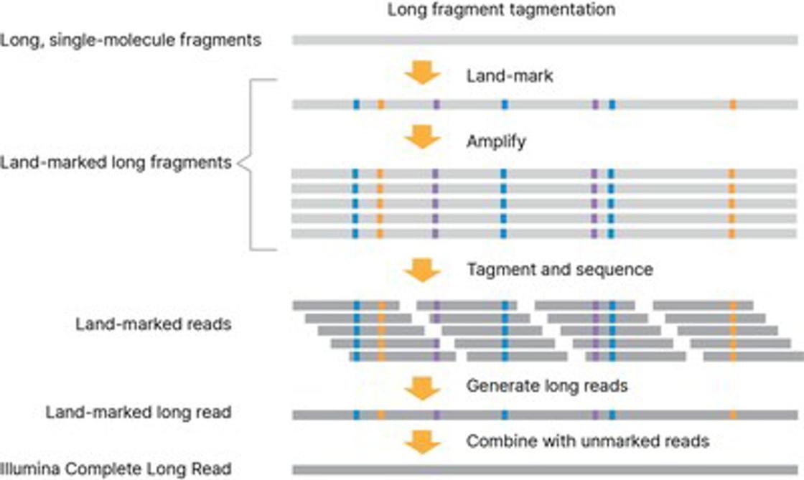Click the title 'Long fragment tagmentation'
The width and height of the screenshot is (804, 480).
point(500,11)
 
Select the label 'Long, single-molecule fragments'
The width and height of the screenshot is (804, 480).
point(131,40)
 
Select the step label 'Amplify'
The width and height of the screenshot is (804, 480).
point(496,141)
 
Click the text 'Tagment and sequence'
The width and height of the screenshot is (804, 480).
point(560,270)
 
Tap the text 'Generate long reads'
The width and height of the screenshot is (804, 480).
point(547,386)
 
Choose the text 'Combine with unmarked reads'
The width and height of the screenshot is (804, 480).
point(588,441)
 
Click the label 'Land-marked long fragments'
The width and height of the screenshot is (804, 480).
point(116,163)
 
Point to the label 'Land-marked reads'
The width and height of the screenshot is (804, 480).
point(153,324)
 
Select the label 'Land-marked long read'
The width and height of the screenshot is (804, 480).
point(139,413)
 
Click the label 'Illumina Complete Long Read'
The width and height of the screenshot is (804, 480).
point(116,469)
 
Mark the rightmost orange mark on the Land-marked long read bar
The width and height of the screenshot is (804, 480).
point(732,415)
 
